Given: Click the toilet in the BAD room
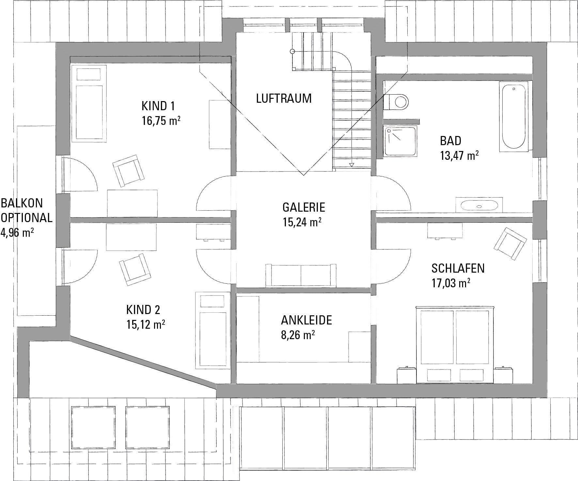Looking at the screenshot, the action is click(396, 101).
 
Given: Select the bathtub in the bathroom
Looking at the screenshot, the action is click(513, 117).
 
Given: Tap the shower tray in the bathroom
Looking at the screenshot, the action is click(400, 141).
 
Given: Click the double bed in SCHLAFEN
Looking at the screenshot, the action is click(455, 344).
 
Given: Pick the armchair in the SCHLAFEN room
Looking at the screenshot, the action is click(510, 244).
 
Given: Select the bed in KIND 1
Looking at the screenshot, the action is click(89, 103).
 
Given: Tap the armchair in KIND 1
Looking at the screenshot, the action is click(128, 171).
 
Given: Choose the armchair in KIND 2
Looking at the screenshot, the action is click(135, 270).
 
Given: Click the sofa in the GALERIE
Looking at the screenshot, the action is click(301, 276).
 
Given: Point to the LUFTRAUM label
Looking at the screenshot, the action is click(284, 98).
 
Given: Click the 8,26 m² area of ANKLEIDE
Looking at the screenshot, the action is click(298, 335).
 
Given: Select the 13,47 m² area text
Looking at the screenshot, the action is click(459, 156).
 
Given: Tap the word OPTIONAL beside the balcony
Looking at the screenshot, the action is click(26, 218).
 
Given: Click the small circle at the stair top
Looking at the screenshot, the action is click(292, 51).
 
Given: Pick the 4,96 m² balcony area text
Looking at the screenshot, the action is click(18, 233).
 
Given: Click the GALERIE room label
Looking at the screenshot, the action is click(304, 207).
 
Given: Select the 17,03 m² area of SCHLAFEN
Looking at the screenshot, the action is click(451, 283).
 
